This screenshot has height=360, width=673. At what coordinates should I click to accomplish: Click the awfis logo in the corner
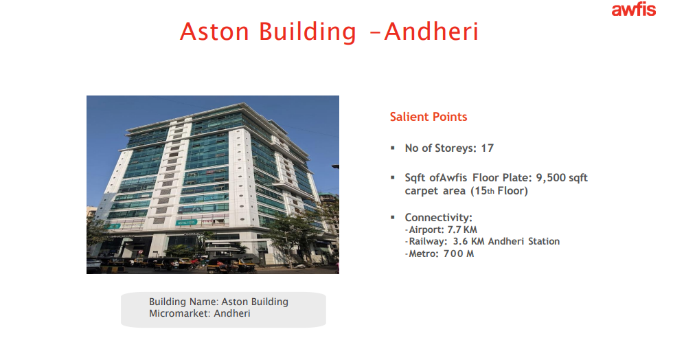point(633,10)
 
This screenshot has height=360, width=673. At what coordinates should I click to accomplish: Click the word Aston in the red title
point(214,32)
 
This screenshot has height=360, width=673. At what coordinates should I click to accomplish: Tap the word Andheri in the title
point(431,32)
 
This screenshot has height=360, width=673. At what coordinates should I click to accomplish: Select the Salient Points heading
point(429,117)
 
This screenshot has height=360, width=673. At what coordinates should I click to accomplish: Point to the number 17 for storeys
point(487,148)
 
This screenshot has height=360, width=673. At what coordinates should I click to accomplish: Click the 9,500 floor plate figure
point(551,177)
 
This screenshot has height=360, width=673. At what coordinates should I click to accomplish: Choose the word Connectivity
point(438,217)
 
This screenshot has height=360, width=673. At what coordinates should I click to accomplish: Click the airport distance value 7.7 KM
point(462,230)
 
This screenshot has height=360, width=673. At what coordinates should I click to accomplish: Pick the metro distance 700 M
point(459,254)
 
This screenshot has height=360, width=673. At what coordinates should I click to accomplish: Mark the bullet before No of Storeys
point(393,148)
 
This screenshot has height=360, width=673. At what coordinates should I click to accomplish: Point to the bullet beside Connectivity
point(393,217)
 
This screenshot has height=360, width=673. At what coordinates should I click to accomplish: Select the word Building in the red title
point(308,32)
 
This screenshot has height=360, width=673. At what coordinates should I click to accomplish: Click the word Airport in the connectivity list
point(426,230)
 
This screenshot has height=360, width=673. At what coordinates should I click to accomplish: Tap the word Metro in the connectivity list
point(424,254)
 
